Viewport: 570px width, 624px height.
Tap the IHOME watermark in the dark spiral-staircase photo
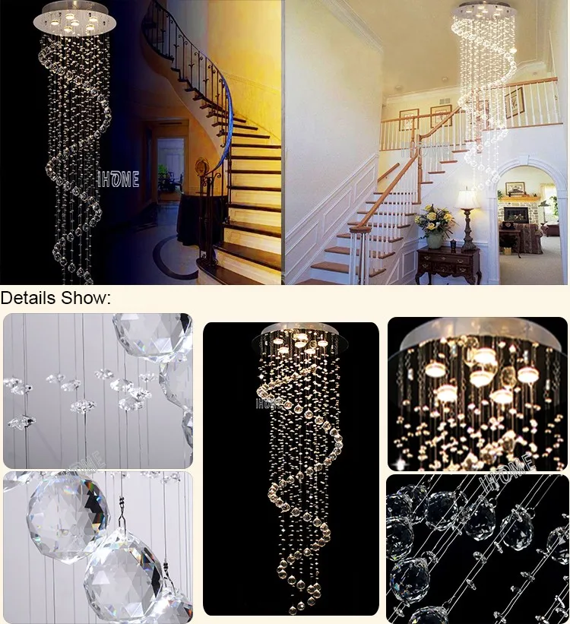pyautogui.click(x=119, y=180)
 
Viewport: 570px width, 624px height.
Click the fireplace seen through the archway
pyautogui.click(x=517, y=215)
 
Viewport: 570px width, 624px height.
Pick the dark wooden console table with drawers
pyautogui.click(x=448, y=263)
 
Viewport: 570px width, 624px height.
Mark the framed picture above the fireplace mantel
pyautogui.click(x=516, y=188)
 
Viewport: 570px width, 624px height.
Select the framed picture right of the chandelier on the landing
pyautogui.click(x=515, y=103)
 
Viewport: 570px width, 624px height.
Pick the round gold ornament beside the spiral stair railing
pyautogui.click(x=201, y=166)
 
